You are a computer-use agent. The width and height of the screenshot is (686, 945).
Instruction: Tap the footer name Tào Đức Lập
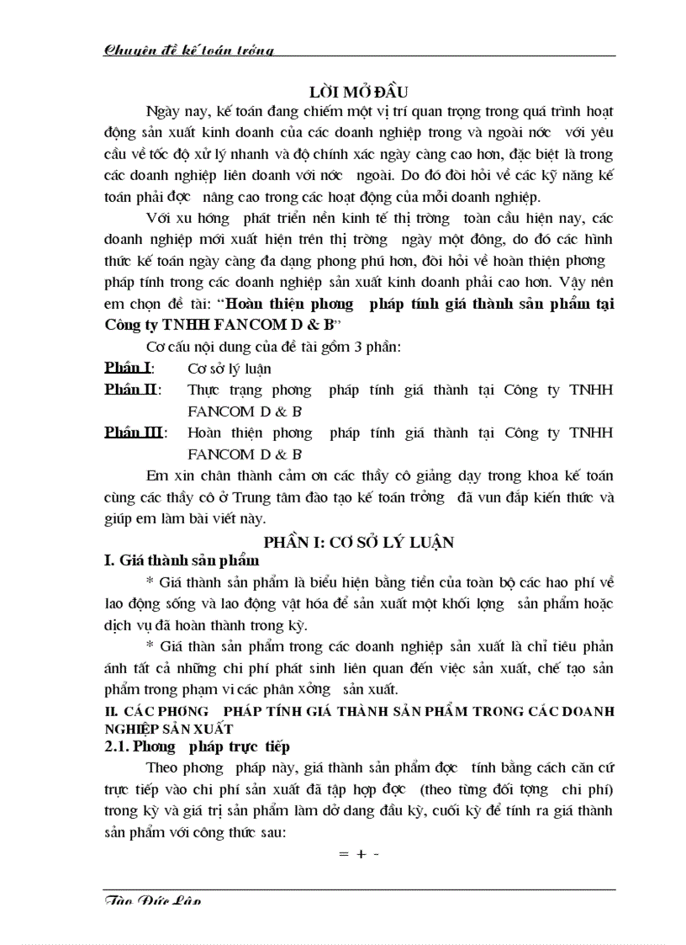[x=151, y=901]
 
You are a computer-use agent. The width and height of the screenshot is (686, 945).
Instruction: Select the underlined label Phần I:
[x=129, y=368]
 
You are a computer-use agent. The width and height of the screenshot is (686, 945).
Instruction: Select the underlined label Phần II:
[x=132, y=390]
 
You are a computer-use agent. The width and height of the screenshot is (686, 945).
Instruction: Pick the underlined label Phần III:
[x=135, y=433]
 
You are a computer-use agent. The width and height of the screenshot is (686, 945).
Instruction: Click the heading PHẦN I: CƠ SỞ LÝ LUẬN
[x=358, y=542]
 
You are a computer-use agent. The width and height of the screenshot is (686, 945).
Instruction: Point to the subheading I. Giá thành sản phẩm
[x=182, y=560]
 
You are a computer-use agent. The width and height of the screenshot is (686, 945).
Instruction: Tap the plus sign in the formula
[x=361, y=853]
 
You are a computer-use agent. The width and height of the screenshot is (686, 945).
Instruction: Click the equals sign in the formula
[x=343, y=853]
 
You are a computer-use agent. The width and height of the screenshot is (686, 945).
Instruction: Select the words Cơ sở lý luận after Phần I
[x=229, y=369]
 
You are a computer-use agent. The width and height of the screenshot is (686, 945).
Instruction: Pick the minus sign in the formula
[x=376, y=853]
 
